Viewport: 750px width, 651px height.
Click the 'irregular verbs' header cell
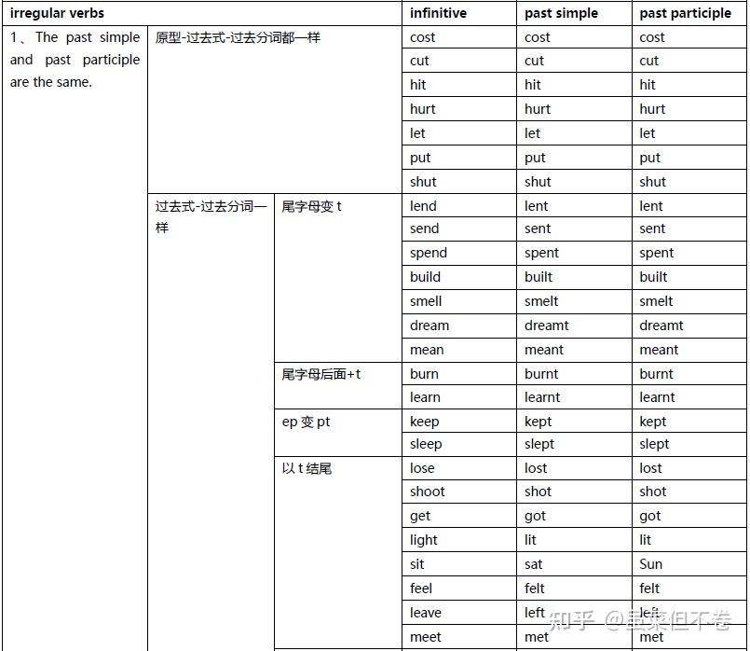coord(57,13)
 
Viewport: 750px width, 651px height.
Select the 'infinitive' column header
coord(438,13)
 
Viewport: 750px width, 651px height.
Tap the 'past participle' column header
coord(685,13)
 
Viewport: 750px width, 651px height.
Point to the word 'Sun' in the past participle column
coord(650,564)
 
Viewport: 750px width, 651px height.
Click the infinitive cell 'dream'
coord(429,325)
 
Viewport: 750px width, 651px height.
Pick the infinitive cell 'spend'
coord(428,253)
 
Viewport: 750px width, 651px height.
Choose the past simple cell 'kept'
coord(538,422)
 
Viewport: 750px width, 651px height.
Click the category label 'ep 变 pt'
coord(306,422)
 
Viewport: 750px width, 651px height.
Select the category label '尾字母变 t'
coord(311,206)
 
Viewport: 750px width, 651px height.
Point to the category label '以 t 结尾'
coord(307,468)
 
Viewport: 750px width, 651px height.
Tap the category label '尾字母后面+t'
coord(320,374)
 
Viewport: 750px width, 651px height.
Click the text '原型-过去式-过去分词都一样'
coord(237,38)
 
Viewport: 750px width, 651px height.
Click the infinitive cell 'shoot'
coord(427,492)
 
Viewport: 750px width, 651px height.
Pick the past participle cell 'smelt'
coord(656,301)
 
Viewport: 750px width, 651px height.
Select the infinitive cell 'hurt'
coord(422,109)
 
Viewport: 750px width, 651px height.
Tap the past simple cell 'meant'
coord(543,350)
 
